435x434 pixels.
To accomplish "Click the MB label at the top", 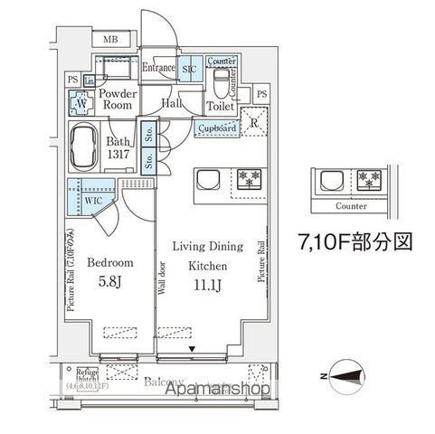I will click(x=110, y=39).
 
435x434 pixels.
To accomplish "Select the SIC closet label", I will click(x=190, y=69).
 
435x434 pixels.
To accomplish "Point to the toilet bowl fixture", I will click(x=220, y=81).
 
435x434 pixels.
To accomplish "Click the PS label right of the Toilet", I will click(x=261, y=94).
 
